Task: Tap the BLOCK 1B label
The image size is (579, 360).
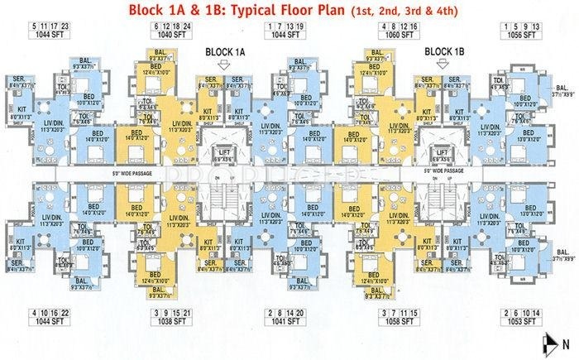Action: (445, 51)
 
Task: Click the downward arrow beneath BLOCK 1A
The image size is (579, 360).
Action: (225, 69)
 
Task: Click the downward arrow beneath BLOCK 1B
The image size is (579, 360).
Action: (445, 69)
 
